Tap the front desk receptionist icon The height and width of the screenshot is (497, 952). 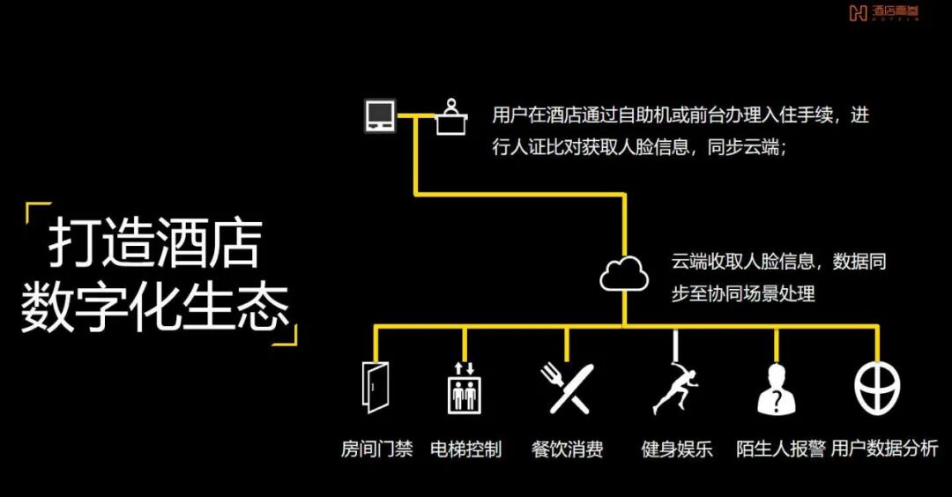tap(451, 117)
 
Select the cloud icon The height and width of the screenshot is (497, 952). tap(624, 274)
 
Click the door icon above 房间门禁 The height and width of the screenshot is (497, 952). tap(376, 386)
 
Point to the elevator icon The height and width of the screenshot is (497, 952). tap(464, 387)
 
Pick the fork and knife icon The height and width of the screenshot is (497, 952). tap(566, 387)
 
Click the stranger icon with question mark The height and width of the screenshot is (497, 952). tap(777, 388)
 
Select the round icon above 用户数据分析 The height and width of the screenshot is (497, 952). tap(878, 385)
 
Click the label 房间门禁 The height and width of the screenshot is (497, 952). tap(376, 449)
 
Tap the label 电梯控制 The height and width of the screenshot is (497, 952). tap(465, 449)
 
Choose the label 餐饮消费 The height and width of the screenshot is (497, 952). tap(567, 449)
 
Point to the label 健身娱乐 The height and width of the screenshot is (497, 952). tap(676, 449)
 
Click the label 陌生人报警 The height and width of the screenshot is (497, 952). tap(780, 449)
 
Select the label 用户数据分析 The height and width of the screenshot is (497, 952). tap(884, 449)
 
